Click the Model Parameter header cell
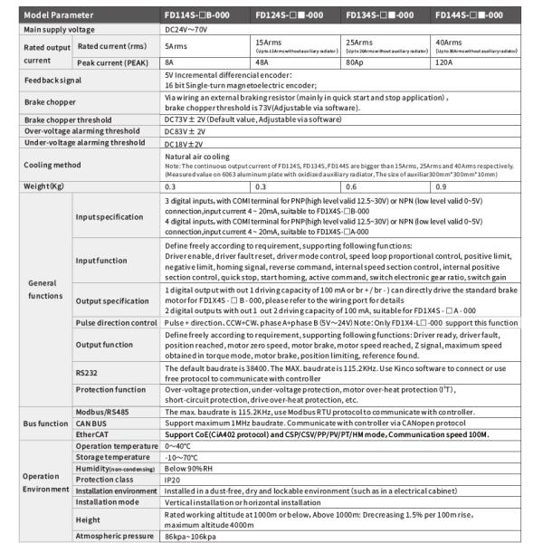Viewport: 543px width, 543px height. [56, 14]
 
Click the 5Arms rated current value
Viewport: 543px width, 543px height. [178, 45]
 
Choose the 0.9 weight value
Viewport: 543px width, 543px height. [441, 186]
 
